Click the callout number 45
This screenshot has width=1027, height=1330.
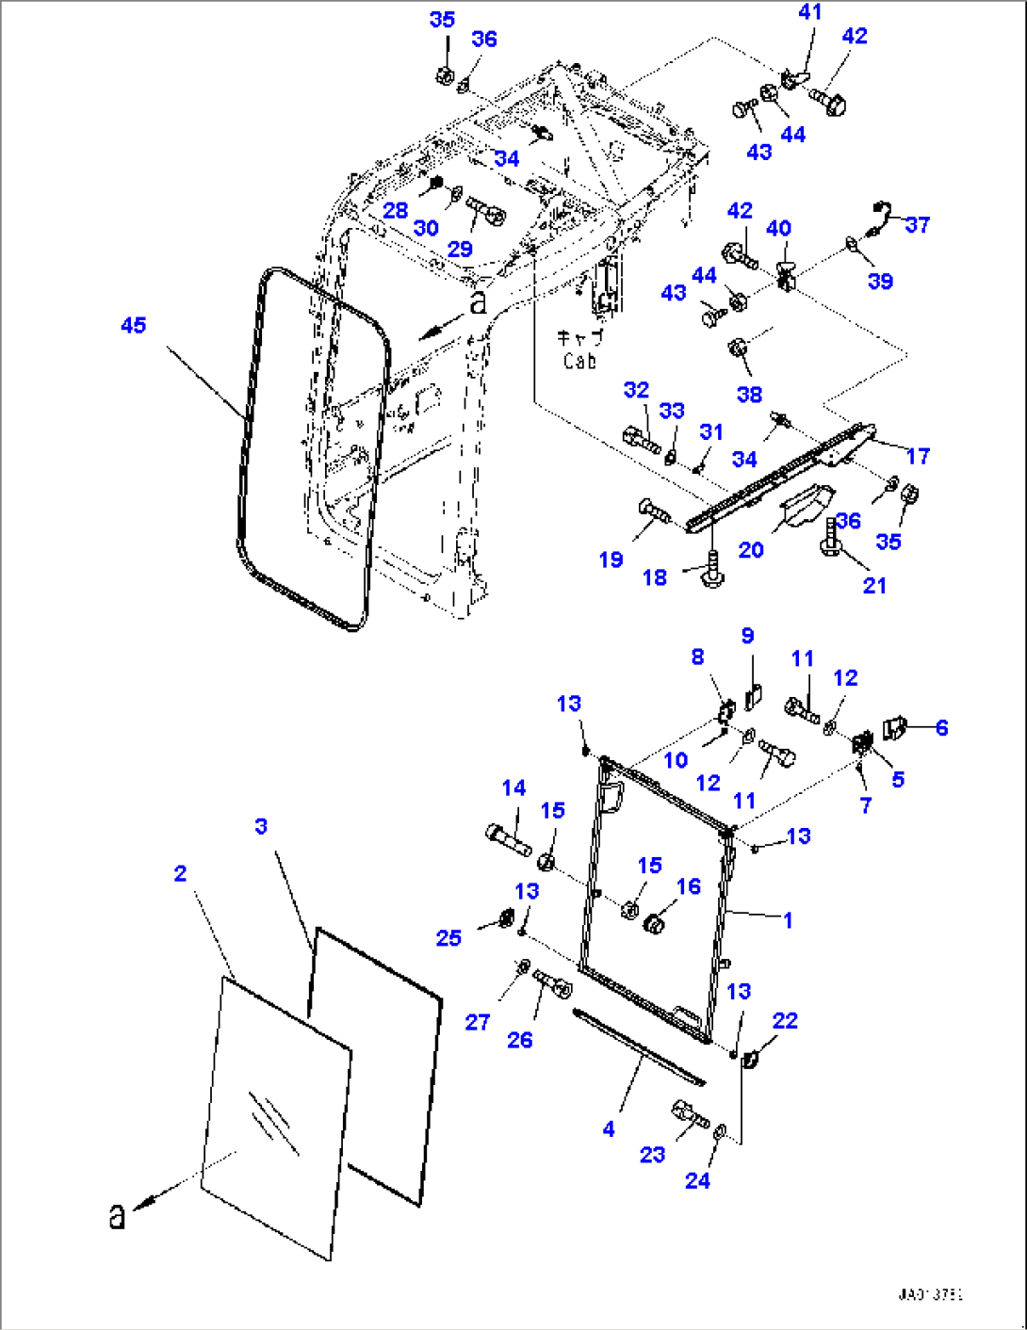coord(134,325)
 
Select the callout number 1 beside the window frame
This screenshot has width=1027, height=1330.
coord(788,920)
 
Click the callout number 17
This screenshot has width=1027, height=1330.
coord(918,456)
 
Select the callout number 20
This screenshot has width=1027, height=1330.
coord(750,549)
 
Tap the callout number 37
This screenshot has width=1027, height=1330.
coord(917,224)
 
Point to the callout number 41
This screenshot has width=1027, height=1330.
coord(809,12)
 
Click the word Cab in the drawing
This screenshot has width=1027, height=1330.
coord(579,361)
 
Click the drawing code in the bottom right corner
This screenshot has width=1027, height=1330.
coord(930,1294)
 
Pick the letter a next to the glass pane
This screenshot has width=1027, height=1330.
coord(117,1215)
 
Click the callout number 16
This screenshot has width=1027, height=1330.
coord(689,885)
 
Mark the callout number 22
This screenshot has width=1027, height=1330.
coord(785,1020)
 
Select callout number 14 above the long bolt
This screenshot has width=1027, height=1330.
coord(513,787)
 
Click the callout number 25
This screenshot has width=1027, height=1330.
coord(448,937)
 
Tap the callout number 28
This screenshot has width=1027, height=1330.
coord(395,210)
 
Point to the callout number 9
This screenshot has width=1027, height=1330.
coord(747,636)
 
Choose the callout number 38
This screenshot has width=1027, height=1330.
coord(749,394)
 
